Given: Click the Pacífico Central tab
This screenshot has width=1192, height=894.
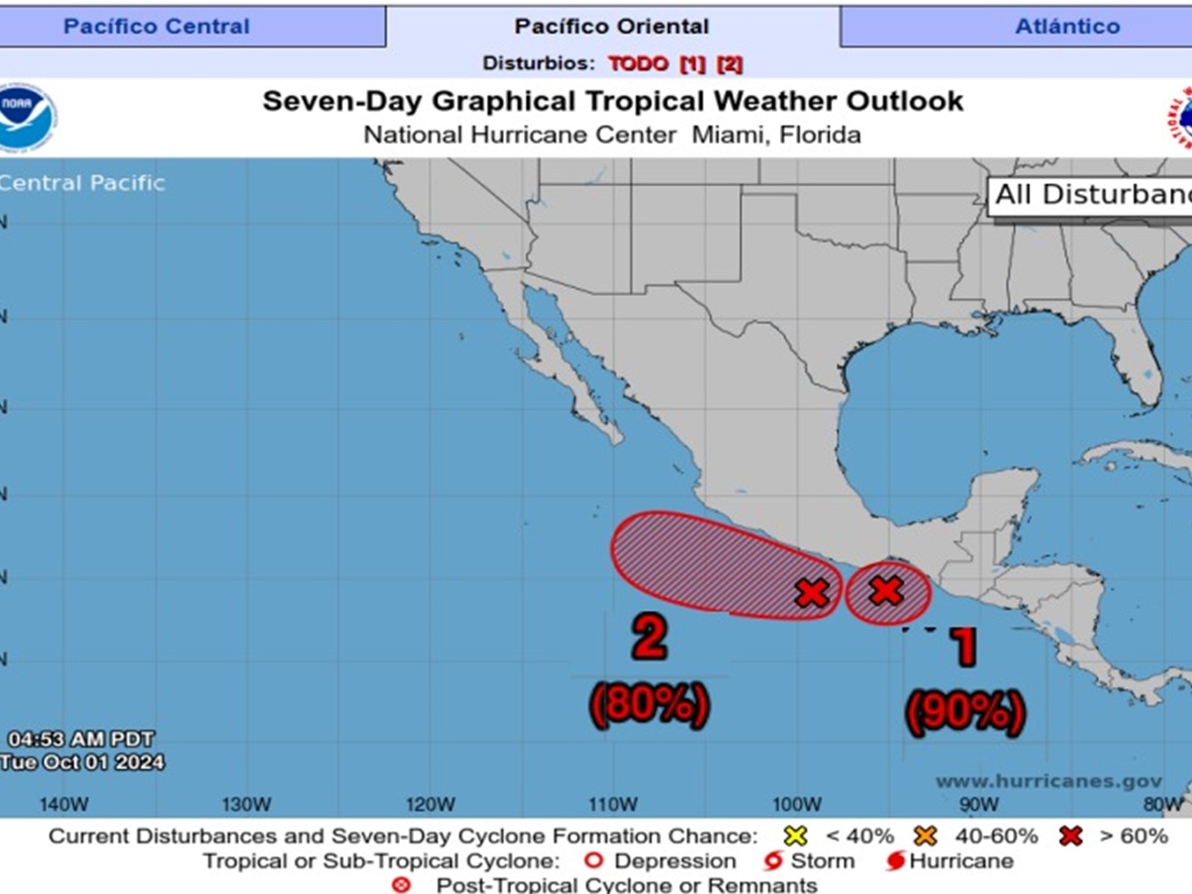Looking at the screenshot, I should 156,26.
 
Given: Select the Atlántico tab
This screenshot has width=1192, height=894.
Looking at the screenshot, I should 1066,26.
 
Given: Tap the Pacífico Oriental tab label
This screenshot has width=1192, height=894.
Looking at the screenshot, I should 611,26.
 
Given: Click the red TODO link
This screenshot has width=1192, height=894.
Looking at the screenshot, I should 637,64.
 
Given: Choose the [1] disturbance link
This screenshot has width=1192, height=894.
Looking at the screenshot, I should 692,64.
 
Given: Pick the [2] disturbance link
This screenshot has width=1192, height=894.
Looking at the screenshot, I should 730,64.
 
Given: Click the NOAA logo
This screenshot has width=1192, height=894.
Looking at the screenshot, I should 26,117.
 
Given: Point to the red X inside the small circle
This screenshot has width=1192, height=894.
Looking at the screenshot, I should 886,591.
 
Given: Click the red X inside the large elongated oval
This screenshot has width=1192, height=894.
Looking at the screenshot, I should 812,594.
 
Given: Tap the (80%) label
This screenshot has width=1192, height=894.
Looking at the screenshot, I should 650,704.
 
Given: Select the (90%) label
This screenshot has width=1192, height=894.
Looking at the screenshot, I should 965,712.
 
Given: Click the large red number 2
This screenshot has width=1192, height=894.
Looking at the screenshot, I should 650,637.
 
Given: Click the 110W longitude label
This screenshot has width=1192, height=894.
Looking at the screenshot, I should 612,804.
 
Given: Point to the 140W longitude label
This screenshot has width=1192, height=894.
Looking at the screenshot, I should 64,804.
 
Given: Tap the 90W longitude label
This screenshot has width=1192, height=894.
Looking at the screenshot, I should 979,804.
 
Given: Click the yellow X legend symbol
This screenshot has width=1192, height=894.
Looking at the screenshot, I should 796,836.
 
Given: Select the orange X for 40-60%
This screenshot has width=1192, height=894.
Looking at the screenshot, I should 926,836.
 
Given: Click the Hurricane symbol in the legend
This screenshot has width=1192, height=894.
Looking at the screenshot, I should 894,861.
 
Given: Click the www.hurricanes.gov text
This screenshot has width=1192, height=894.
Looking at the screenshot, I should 1049,781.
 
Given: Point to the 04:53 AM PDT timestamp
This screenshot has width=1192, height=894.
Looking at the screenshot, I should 81,739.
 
